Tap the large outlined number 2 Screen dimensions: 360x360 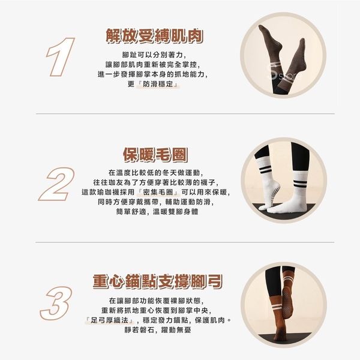(57, 184)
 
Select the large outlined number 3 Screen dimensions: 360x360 (56, 303)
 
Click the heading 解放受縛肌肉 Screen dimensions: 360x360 (155, 36)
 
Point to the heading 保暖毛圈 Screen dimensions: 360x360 (155, 155)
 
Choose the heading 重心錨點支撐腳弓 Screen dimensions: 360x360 (157, 281)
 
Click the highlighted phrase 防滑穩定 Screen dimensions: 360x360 (158, 84)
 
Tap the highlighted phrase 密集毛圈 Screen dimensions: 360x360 (158, 192)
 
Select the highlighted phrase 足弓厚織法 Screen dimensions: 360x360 (109, 320)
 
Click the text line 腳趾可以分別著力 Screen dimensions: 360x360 (154, 55)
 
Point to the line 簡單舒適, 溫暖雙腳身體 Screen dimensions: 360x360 (157, 211)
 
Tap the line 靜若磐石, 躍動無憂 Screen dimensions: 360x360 (158, 330)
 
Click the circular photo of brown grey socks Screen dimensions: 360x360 (283, 55)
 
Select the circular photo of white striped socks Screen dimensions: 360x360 (284, 180)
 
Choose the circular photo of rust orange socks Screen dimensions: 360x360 (284, 305)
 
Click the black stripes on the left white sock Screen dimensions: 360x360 (266, 170)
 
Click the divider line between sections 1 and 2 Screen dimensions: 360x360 (185, 113)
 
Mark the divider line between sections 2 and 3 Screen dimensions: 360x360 (185, 242)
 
